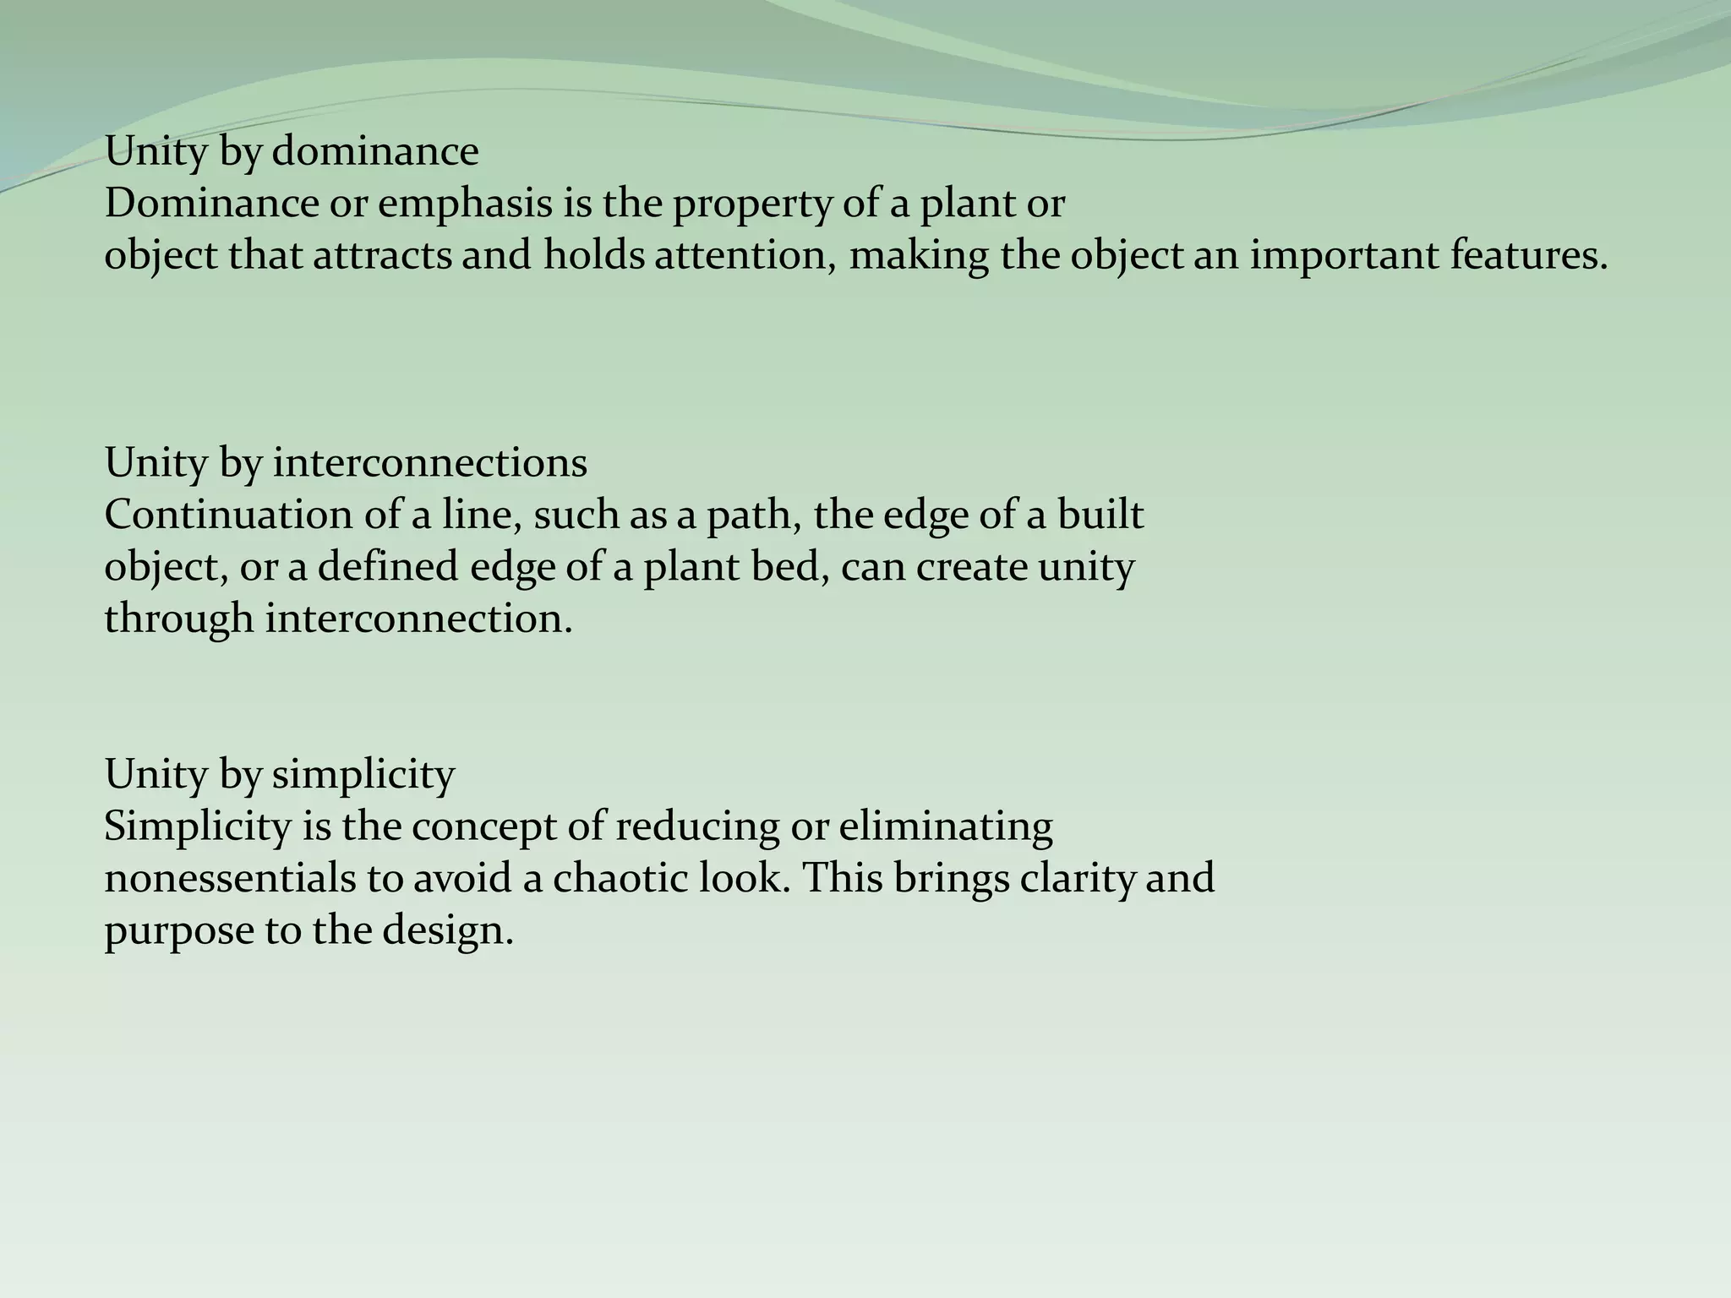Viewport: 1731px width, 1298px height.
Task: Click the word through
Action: click(x=179, y=619)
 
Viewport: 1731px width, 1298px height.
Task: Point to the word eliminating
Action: click(x=946, y=826)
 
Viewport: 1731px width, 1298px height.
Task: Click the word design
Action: click(x=448, y=930)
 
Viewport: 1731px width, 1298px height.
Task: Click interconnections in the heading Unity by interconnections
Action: click(x=429, y=463)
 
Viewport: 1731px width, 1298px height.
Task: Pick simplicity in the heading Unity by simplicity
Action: click(x=363, y=774)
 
